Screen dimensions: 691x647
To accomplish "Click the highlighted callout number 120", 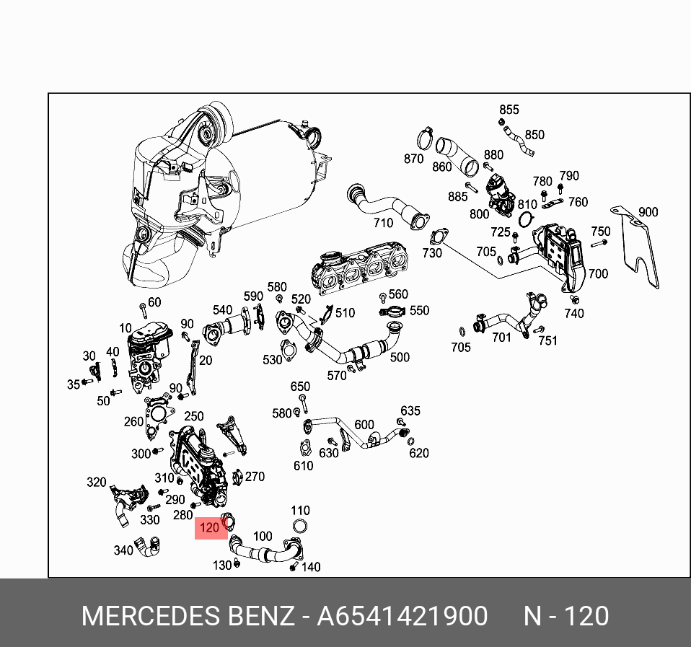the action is click(x=209, y=528).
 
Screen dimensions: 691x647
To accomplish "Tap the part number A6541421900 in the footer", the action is click(x=402, y=617).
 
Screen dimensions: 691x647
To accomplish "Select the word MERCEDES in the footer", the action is click(x=151, y=617).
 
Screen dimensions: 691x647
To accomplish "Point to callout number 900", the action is click(x=648, y=212).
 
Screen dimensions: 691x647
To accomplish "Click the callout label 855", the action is click(x=509, y=110).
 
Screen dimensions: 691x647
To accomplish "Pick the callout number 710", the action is click(x=383, y=223).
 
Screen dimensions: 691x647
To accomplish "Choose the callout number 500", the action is click(x=400, y=357).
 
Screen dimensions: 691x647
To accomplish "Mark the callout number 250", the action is click(x=194, y=416).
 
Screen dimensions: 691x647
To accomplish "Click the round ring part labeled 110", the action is click(x=301, y=527).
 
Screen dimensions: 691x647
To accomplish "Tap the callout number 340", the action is click(x=123, y=550).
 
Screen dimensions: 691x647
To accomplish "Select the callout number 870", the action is click(x=413, y=159).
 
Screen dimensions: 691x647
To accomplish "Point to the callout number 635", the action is click(x=410, y=411).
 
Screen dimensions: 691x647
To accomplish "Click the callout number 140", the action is click(x=311, y=567).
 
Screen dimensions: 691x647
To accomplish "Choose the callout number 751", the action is click(x=548, y=340).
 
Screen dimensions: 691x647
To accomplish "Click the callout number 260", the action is click(x=133, y=421).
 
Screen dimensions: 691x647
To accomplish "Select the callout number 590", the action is click(x=253, y=296).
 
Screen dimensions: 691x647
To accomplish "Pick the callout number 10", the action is click(x=126, y=328).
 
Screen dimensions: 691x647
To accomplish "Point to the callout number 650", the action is click(x=300, y=387).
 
